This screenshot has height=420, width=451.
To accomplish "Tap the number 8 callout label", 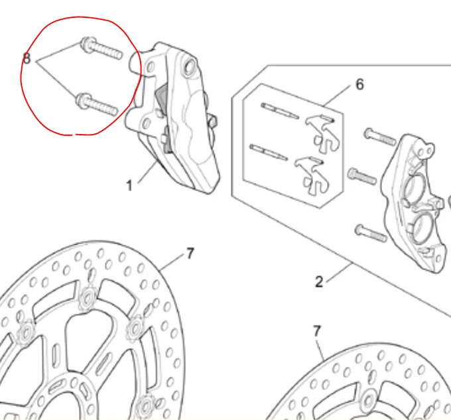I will pos(27,59).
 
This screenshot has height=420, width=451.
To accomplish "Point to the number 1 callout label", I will pos(130,185).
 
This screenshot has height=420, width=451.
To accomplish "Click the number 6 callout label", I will pos(359,84).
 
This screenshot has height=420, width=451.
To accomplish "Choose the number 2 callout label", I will pos(319,281).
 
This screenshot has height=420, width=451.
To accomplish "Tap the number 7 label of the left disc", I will pos(190,253).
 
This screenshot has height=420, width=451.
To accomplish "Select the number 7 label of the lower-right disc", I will pos(316,330).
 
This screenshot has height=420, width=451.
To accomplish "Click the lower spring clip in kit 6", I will pos(310,171).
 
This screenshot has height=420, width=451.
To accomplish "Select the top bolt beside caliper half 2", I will pos(379,137).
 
